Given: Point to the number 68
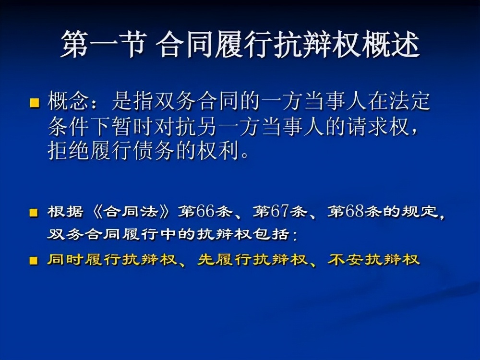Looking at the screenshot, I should coord(356,212).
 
